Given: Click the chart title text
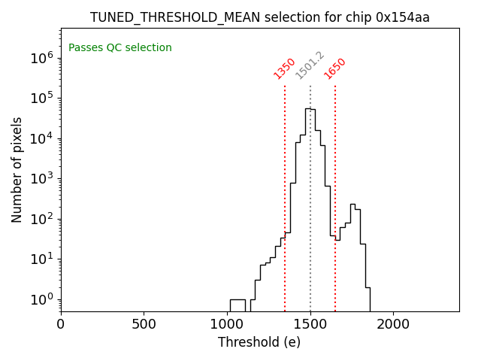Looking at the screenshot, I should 260,17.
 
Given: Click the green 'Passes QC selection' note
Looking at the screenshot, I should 120,48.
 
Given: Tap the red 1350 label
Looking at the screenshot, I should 284,68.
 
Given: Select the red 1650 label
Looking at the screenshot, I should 334,68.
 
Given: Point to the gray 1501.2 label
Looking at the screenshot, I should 310,65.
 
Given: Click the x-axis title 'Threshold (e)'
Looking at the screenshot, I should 259,342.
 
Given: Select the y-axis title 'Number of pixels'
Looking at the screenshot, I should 17,169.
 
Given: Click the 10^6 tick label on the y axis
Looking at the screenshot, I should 41,58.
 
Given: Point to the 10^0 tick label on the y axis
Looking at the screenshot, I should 41,300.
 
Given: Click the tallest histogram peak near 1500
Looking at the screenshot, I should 308,110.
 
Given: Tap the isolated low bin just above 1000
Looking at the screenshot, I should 237,300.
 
